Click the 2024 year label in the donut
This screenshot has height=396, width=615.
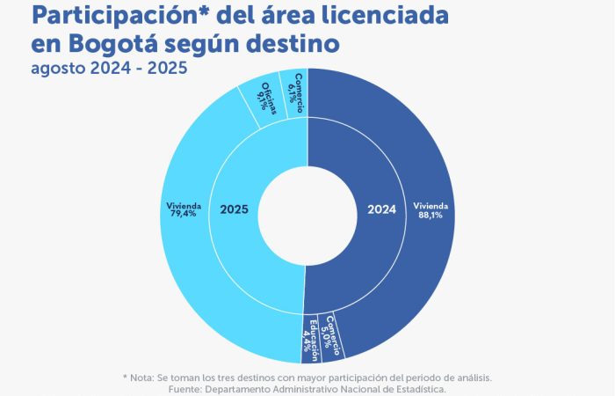click(x=380, y=209)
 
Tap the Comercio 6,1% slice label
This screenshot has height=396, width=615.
click(x=294, y=89)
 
